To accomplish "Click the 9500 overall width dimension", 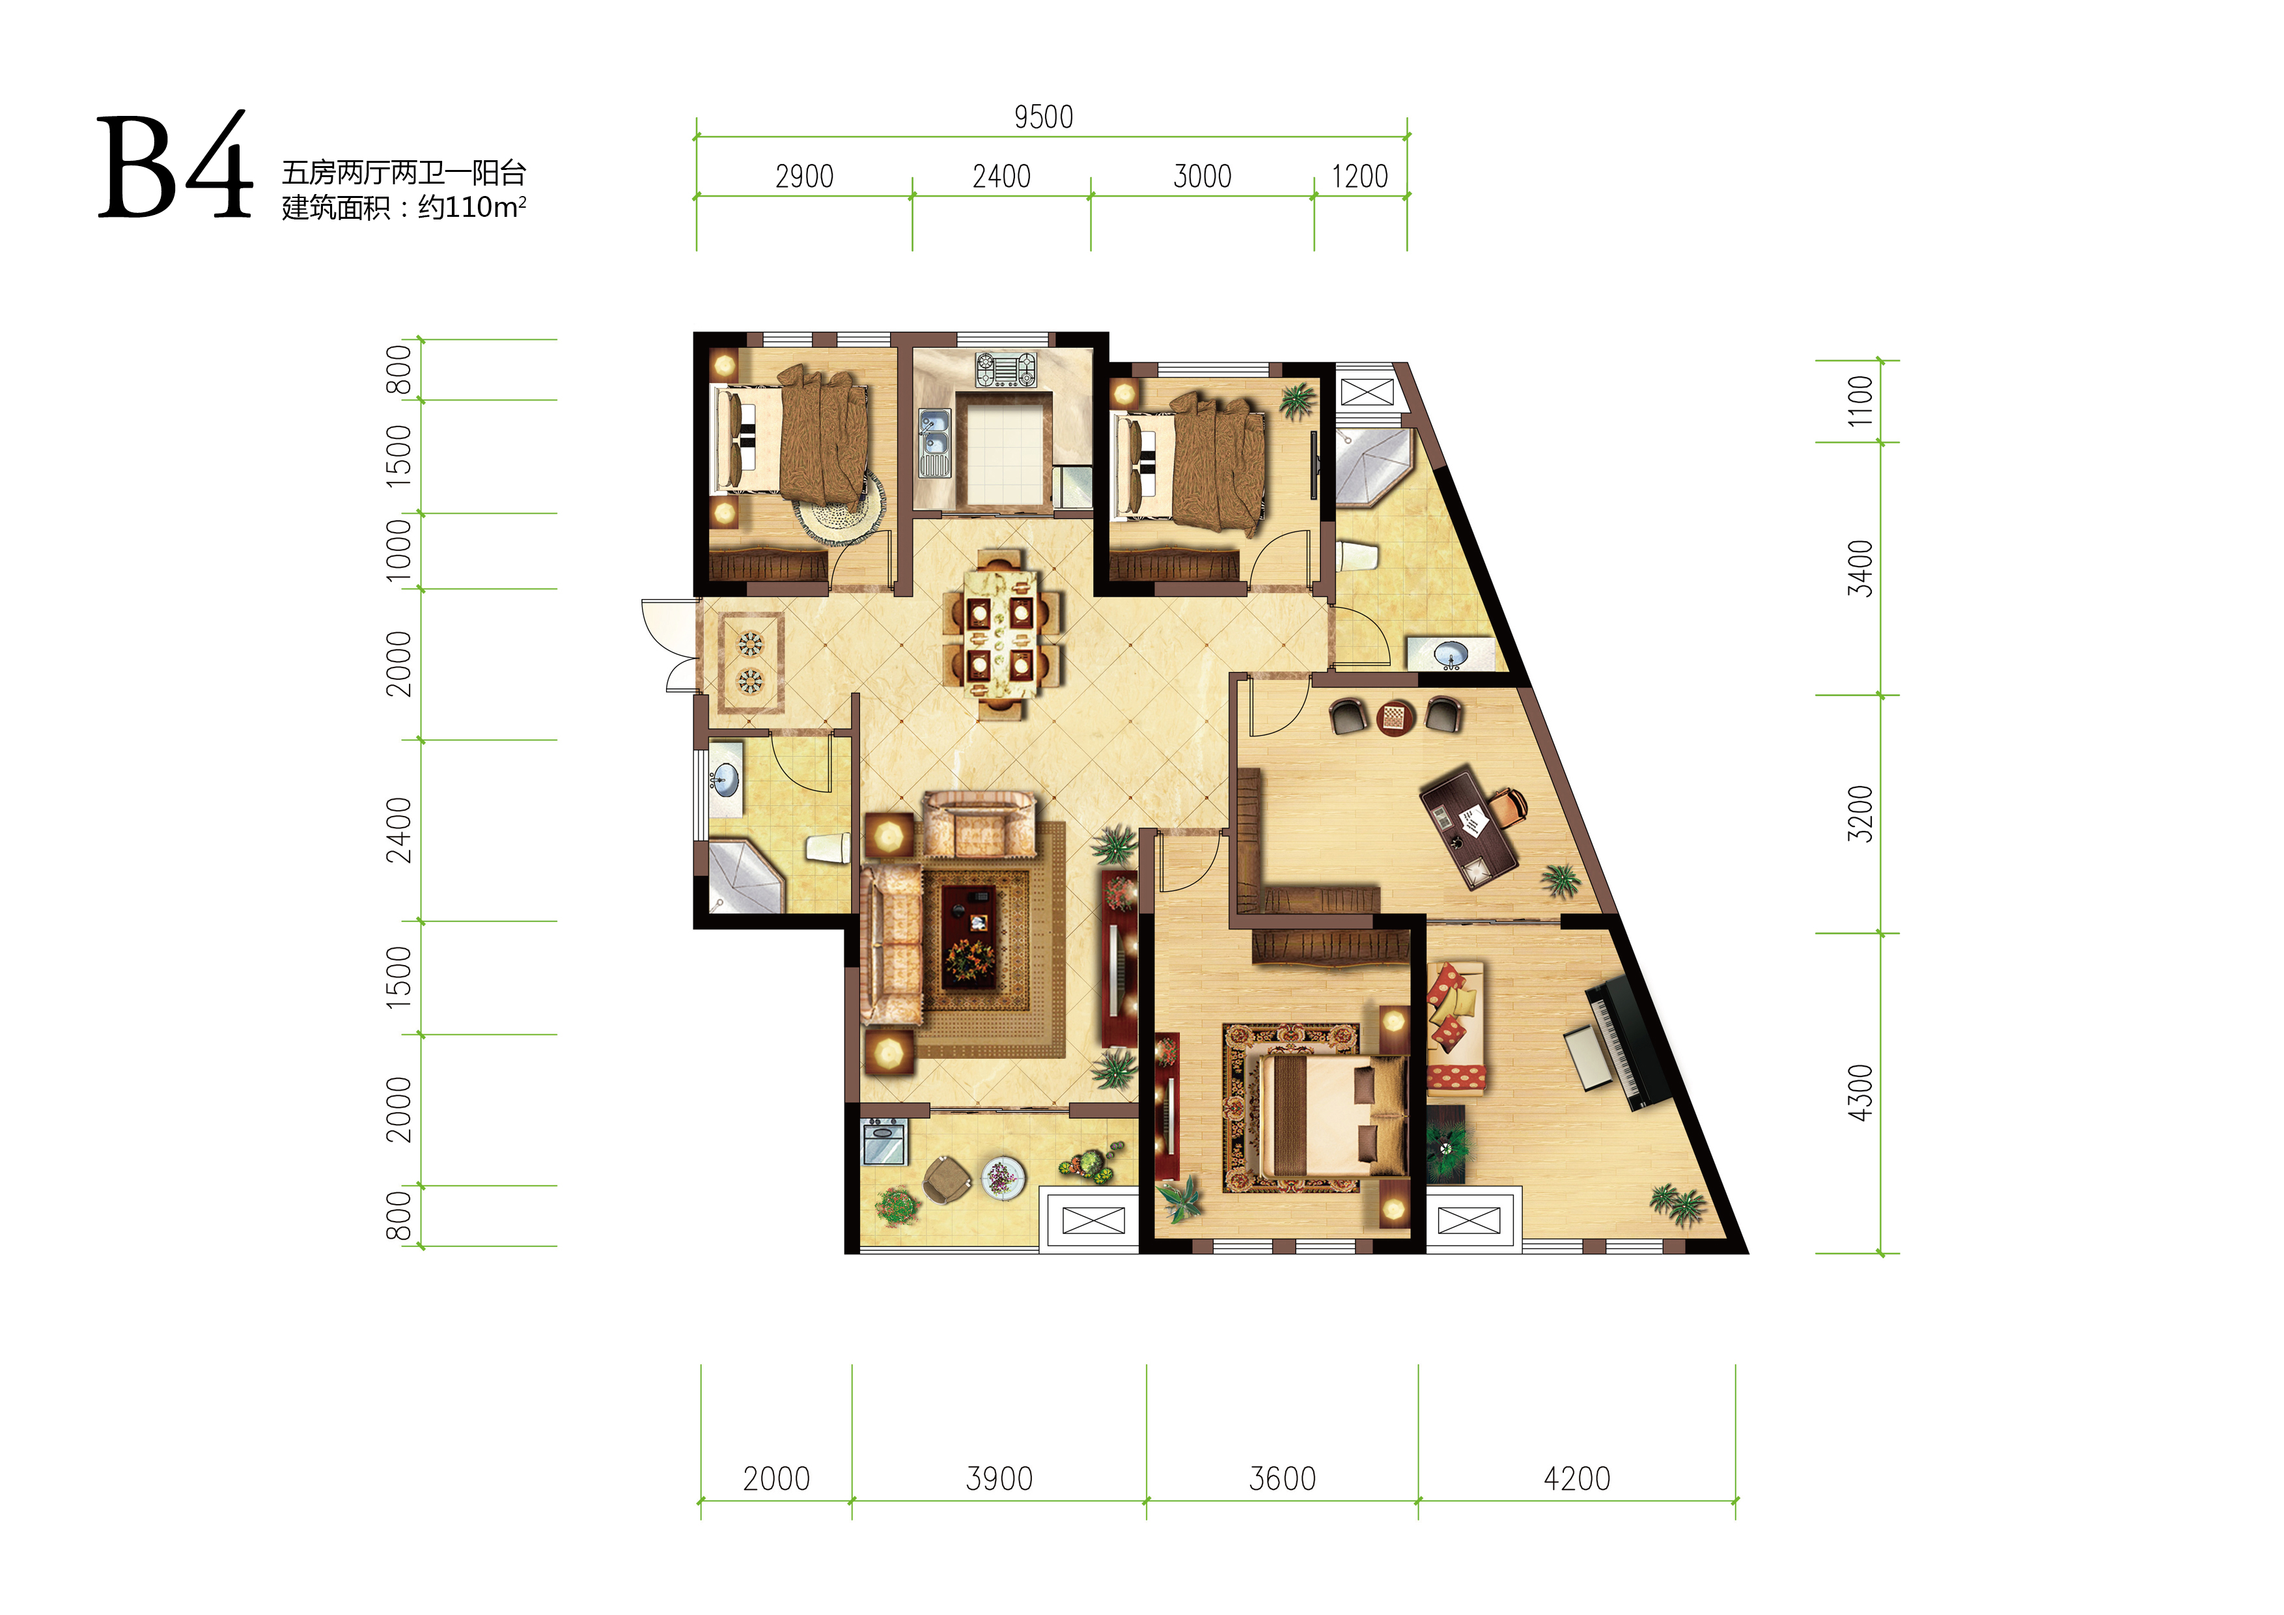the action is click(1044, 117).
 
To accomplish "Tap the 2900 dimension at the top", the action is click(804, 177).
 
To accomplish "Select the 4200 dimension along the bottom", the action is click(1577, 1479).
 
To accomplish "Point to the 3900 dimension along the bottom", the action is click(999, 1479).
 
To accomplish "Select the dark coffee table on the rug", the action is click(969, 937).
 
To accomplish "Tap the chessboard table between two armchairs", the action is click(1395, 716).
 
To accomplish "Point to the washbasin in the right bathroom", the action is click(1451, 654).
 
